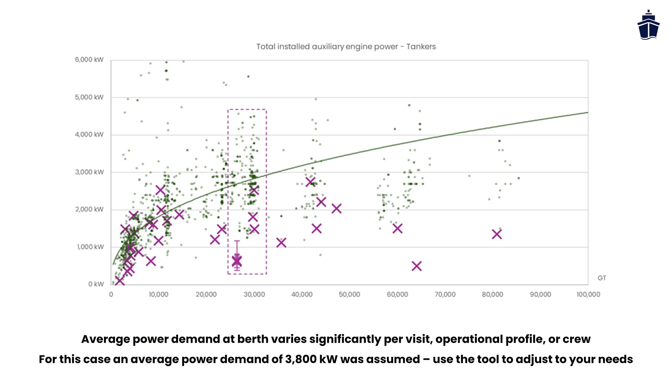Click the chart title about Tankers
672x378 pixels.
click(346, 47)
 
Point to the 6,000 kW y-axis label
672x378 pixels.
click(89, 60)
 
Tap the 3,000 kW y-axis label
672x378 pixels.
click(89, 172)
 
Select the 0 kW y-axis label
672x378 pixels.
click(96, 284)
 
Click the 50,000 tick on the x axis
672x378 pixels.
click(349, 295)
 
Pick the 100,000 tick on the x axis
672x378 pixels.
click(588, 295)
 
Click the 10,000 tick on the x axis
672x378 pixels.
click(159, 295)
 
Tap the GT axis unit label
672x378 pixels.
click(602, 278)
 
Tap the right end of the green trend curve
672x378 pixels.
click(587, 113)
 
